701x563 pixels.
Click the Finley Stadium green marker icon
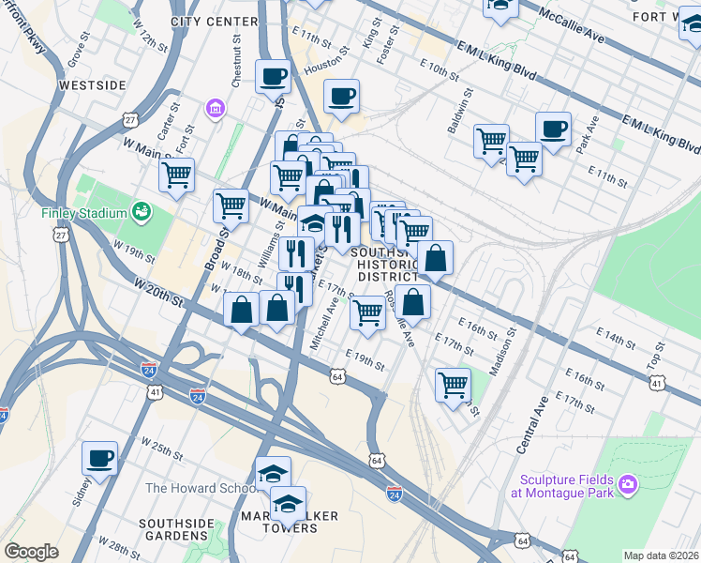(141, 211)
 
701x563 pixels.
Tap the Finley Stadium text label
(83, 212)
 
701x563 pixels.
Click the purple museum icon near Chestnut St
(216, 109)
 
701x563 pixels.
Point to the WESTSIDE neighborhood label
(92, 85)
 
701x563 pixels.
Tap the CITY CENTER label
(215, 21)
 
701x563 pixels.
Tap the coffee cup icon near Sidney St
(99, 458)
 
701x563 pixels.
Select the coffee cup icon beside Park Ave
(553, 129)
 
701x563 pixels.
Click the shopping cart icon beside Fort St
(176, 174)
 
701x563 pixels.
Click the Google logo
(31, 552)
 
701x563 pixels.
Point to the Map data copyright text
(661, 555)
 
